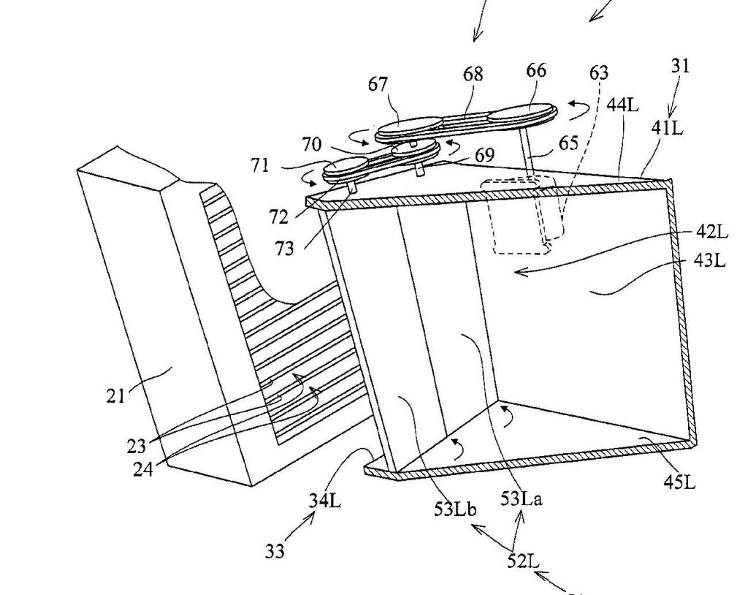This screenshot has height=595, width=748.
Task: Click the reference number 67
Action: (378, 85)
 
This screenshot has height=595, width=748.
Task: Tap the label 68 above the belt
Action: (473, 75)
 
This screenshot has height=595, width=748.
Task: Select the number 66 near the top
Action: (536, 71)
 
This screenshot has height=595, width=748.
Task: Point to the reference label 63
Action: (599, 72)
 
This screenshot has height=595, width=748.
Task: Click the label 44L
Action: (622, 105)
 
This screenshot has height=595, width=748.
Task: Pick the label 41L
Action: (668, 128)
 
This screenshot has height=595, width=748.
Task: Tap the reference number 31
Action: (681, 66)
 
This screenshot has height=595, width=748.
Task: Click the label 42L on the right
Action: (712, 232)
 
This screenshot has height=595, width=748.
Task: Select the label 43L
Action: (710, 261)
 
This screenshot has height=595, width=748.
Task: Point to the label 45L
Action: (680, 482)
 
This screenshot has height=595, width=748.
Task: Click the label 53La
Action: (522, 499)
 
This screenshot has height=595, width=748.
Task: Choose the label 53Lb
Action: (456, 509)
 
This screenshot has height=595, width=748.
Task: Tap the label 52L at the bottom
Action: (523, 561)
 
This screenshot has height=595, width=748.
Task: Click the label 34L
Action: (325, 501)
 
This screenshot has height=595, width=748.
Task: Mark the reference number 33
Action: (275, 552)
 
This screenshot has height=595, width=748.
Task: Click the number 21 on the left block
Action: (115, 396)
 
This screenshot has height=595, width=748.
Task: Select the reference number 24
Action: (143, 470)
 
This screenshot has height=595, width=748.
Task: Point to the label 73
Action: (284, 249)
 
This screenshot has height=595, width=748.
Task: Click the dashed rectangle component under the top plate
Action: (519, 215)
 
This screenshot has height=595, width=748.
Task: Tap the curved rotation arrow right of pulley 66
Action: (579, 110)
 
